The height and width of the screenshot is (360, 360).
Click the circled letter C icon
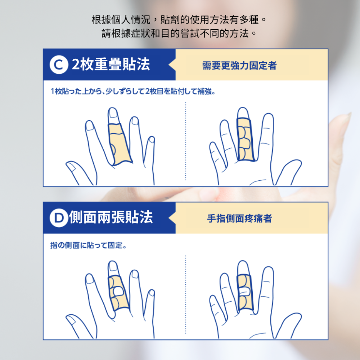point(59,65)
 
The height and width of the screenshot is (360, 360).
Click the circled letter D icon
point(58,218)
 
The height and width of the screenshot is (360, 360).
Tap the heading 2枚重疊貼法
point(111,65)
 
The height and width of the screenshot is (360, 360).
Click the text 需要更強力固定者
point(239,66)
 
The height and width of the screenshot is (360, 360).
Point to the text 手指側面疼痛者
point(239,219)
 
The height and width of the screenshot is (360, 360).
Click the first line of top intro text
point(180,19)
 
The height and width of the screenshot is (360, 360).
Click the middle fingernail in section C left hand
point(113,114)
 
